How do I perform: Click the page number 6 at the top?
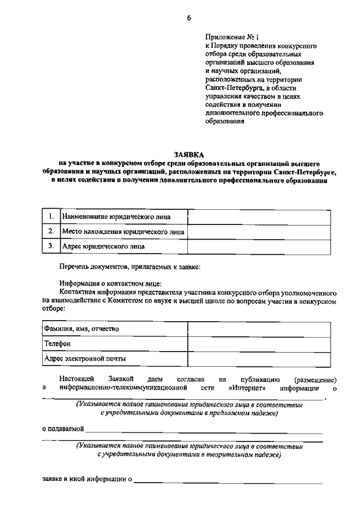point(189,18)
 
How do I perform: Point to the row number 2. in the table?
point(51,231)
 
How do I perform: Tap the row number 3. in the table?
point(51,246)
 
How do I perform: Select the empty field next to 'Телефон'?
point(259,343)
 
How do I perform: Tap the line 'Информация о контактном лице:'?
point(110,284)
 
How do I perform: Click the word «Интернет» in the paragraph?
point(247,388)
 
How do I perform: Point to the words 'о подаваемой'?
point(63,429)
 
